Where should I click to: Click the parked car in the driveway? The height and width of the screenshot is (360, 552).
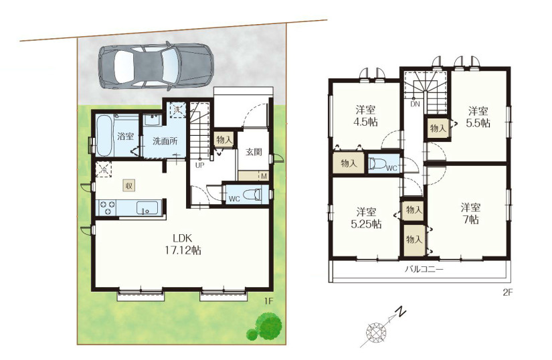click(x=156, y=67)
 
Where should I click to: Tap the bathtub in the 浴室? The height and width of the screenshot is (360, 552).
click(x=104, y=135)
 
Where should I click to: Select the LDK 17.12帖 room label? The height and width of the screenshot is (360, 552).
click(x=183, y=245)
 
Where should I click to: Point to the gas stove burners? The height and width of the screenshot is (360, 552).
click(x=106, y=207)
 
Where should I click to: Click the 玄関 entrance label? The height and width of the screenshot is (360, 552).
click(x=254, y=153)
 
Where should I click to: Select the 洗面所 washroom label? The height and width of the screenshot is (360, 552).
click(x=165, y=141)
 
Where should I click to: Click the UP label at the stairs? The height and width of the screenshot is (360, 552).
click(x=199, y=165)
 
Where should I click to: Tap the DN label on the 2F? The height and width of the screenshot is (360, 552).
click(x=415, y=104)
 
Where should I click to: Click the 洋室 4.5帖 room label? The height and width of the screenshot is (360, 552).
click(x=365, y=116)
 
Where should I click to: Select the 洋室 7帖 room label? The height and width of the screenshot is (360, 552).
click(x=470, y=213)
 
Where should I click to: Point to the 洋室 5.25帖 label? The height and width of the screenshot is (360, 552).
click(x=366, y=218)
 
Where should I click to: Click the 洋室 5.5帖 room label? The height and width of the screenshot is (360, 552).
click(x=478, y=117)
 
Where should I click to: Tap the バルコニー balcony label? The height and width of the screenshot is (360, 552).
click(x=424, y=270)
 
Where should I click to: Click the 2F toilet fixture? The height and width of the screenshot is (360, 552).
click(x=377, y=165)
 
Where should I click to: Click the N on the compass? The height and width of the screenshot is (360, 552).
click(x=400, y=312)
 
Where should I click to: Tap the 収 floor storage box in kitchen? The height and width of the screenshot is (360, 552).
click(x=128, y=185)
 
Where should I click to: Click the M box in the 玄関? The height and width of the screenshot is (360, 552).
click(x=264, y=175)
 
